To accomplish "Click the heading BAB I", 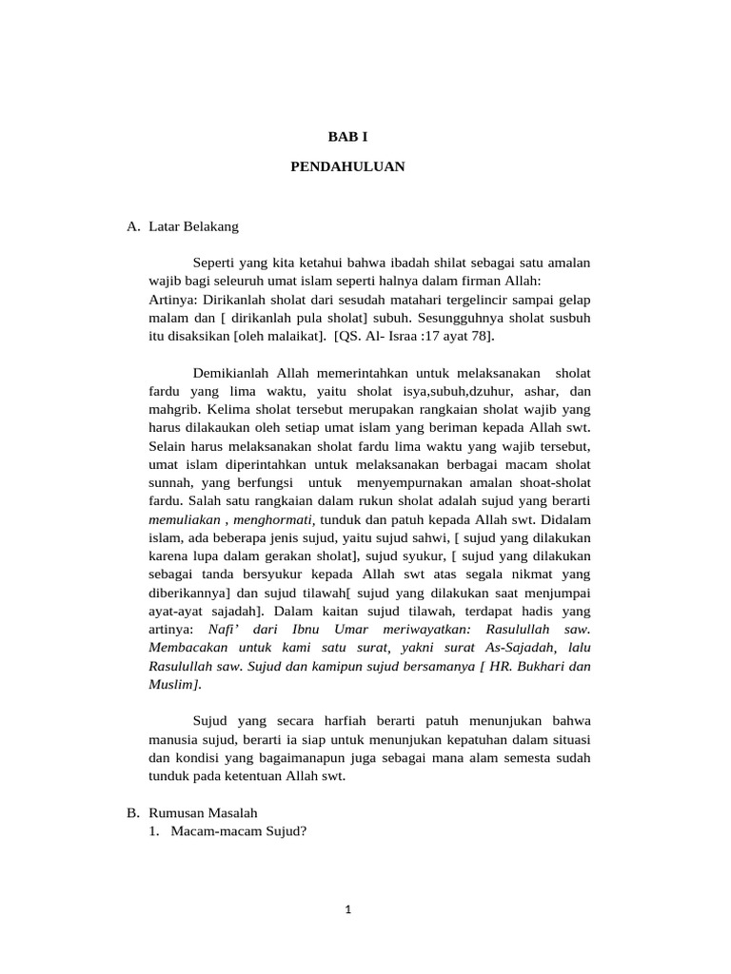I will tap(347, 137).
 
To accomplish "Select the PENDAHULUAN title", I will tap(347, 166).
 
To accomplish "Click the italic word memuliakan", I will tap(185, 519).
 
